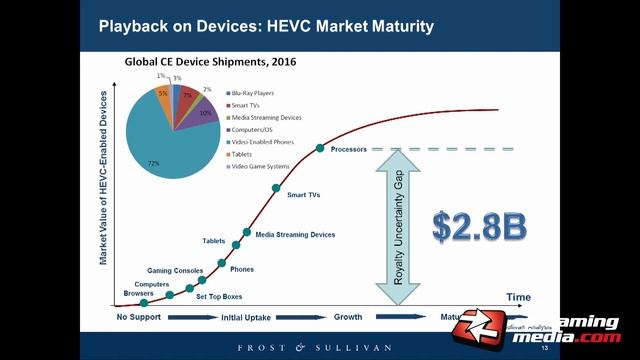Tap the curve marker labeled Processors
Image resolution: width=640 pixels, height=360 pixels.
[x=320, y=148]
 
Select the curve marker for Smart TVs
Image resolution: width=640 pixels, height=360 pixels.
[x=275, y=187]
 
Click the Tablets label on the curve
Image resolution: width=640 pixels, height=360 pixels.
[x=214, y=241]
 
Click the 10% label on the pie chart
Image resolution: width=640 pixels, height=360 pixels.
[x=204, y=113]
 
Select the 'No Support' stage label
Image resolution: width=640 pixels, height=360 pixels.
[x=140, y=317]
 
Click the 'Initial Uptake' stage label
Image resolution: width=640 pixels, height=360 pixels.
[x=246, y=317]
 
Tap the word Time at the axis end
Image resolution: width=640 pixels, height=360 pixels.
[x=518, y=297]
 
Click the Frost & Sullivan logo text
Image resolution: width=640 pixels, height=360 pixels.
[x=320, y=348]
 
